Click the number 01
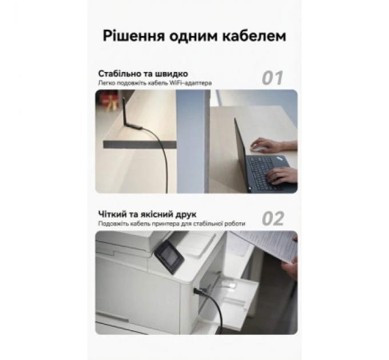coord(272,77)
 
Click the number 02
coord(272,218)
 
